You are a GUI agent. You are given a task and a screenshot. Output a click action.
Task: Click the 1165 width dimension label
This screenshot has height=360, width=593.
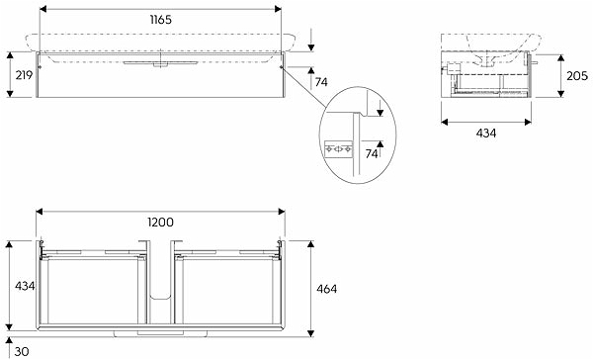pos(161,20)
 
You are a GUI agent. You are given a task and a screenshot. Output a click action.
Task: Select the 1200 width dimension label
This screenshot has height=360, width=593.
pos(160,222)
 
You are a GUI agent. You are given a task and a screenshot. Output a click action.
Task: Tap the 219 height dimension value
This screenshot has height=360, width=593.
pos(24,75)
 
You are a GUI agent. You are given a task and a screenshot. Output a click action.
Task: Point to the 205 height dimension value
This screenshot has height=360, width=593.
pos(577,76)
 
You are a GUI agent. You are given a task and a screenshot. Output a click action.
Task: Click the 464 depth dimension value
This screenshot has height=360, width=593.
pos(326,289)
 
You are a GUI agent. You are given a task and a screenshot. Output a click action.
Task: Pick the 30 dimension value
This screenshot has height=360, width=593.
pos(22,352)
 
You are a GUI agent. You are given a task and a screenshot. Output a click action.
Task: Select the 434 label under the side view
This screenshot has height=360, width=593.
pos(486,134)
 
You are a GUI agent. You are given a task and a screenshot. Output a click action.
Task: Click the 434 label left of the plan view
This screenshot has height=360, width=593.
pos(25,286)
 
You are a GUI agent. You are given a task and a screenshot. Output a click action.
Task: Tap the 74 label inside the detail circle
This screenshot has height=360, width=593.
pos(371,153)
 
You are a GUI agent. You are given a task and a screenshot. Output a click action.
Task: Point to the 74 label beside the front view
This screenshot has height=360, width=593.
pos(321,82)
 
